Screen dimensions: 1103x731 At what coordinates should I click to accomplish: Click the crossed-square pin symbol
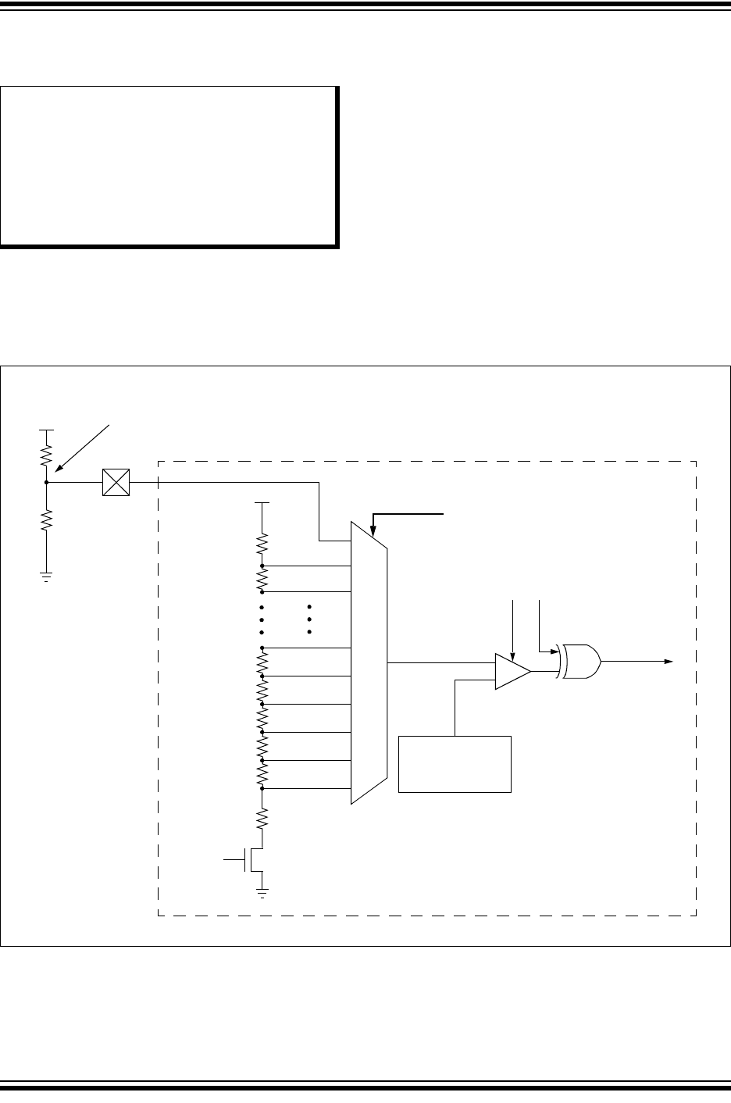pos(116,483)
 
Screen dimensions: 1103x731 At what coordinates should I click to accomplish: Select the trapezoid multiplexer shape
pos(369,662)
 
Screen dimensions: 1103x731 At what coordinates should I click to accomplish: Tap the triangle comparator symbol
pos(512,672)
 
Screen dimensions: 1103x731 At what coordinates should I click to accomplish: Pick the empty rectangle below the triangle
pos(455,764)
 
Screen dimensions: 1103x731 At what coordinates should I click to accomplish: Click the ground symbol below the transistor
pos(262,891)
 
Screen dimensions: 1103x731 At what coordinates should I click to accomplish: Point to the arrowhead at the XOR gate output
pos(669,661)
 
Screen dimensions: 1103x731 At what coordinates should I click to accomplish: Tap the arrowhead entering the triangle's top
pos(512,657)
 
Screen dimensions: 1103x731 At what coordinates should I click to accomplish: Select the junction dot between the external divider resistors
pos(47,483)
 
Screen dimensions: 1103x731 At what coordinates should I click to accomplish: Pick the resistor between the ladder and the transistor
pos(262,819)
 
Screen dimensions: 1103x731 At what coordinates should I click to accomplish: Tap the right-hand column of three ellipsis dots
pos(309,619)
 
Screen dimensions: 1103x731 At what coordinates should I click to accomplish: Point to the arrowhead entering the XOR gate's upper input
pos(553,650)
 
